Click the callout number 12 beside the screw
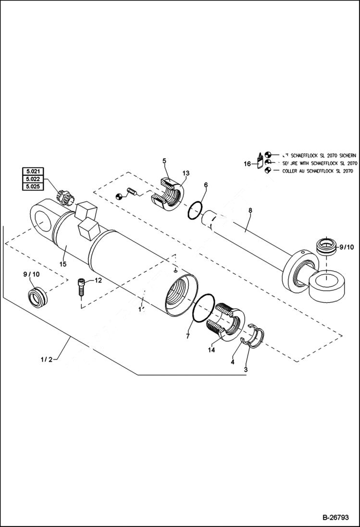pyautogui.click(x=98, y=280)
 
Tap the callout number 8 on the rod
pyautogui.click(x=250, y=210)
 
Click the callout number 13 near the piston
pyautogui.click(x=186, y=173)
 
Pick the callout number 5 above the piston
pyautogui.click(x=164, y=161)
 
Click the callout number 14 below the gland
pyautogui.click(x=211, y=350)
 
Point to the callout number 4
pyautogui.click(x=233, y=362)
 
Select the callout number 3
pyautogui.click(x=246, y=369)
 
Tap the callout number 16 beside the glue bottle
pyautogui.click(x=247, y=164)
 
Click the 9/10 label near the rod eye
pyautogui.click(x=346, y=247)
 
